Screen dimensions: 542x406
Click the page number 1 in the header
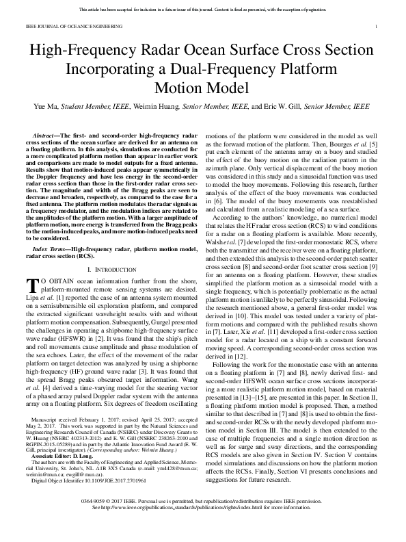[376, 26]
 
